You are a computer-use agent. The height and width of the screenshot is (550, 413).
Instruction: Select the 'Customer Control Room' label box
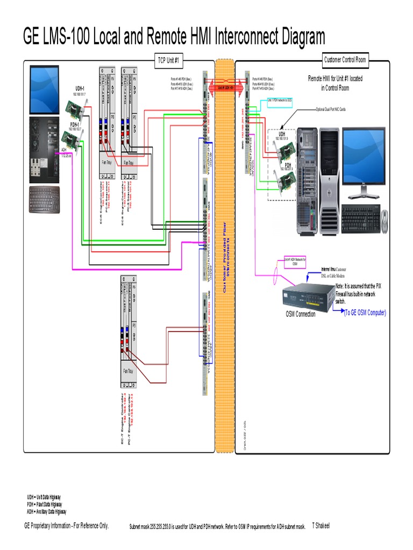click(345, 60)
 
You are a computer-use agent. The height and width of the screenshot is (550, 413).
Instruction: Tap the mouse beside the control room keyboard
click(385, 221)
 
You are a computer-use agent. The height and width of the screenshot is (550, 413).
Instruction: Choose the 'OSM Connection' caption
click(301, 314)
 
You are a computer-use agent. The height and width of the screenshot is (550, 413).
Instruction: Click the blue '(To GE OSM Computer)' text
click(365, 313)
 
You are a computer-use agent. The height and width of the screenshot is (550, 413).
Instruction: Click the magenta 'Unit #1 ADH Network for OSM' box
click(295, 262)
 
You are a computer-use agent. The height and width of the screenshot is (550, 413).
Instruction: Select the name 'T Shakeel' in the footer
click(321, 525)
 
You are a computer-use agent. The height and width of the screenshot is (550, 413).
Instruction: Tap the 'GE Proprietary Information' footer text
click(66, 526)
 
